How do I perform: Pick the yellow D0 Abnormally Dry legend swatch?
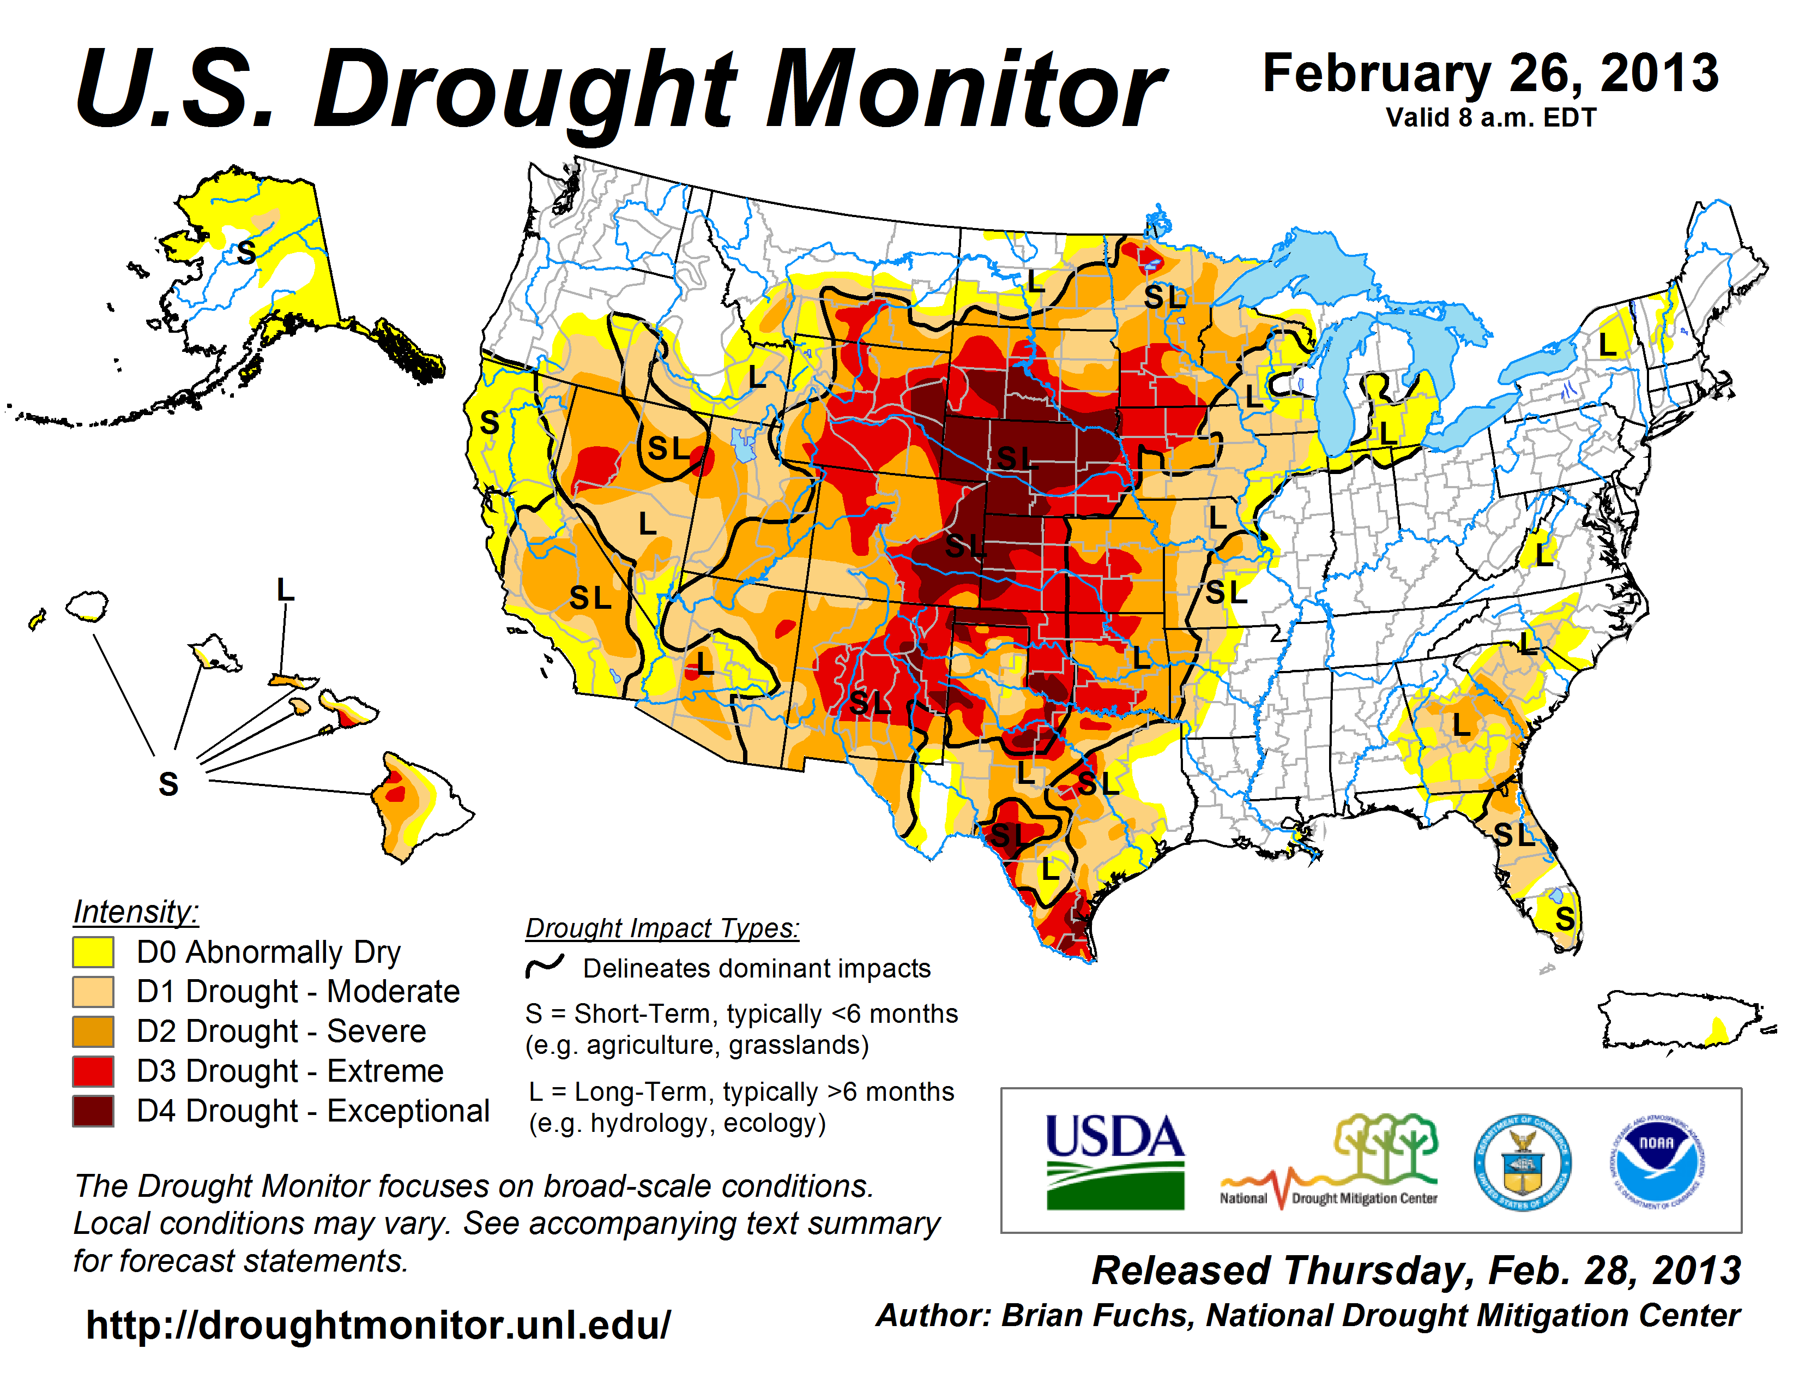click(x=93, y=952)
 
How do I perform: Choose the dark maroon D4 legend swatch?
click(x=93, y=1111)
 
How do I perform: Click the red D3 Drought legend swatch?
click(x=93, y=1071)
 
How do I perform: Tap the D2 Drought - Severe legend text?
click(x=281, y=1032)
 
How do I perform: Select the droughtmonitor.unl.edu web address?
click(x=378, y=1325)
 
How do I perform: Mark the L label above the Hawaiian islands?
click(x=285, y=590)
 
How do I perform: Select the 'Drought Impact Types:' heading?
click(x=662, y=928)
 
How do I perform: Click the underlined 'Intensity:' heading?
click(x=136, y=912)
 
